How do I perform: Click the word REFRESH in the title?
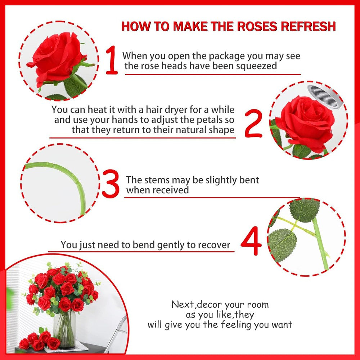pyautogui.click(x=313, y=26)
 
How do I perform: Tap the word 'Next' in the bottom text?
pyautogui.click(x=183, y=305)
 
